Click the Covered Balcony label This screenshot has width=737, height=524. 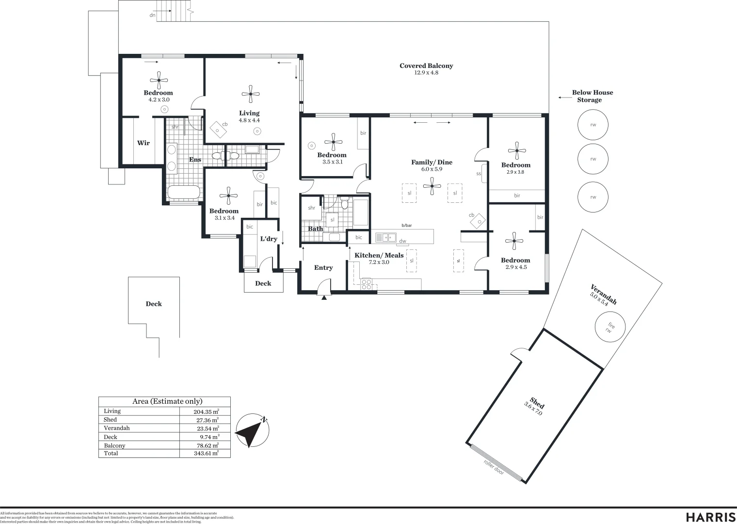(x=426, y=66)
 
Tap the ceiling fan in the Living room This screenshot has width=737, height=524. (x=250, y=94)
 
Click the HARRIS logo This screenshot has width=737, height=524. (x=710, y=516)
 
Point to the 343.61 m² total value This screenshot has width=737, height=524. (x=206, y=453)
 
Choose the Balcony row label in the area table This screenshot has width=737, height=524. (x=114, y=445)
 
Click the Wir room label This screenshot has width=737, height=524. (x=143, y=143)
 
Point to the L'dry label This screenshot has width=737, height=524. (x=269, y=239)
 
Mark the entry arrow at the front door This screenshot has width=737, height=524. (x=324, y=297)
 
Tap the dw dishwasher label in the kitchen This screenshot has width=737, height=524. (x=402, y=241)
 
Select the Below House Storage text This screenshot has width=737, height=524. (x=592, y=96)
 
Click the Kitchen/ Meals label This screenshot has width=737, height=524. (x=379, y=255)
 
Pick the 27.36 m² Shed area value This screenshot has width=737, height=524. (x=206, y=420)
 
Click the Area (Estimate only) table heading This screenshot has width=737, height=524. (x=167, y=401)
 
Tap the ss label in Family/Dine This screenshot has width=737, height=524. (x=479, y=174)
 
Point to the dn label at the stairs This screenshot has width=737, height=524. (x=152, y=15)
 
